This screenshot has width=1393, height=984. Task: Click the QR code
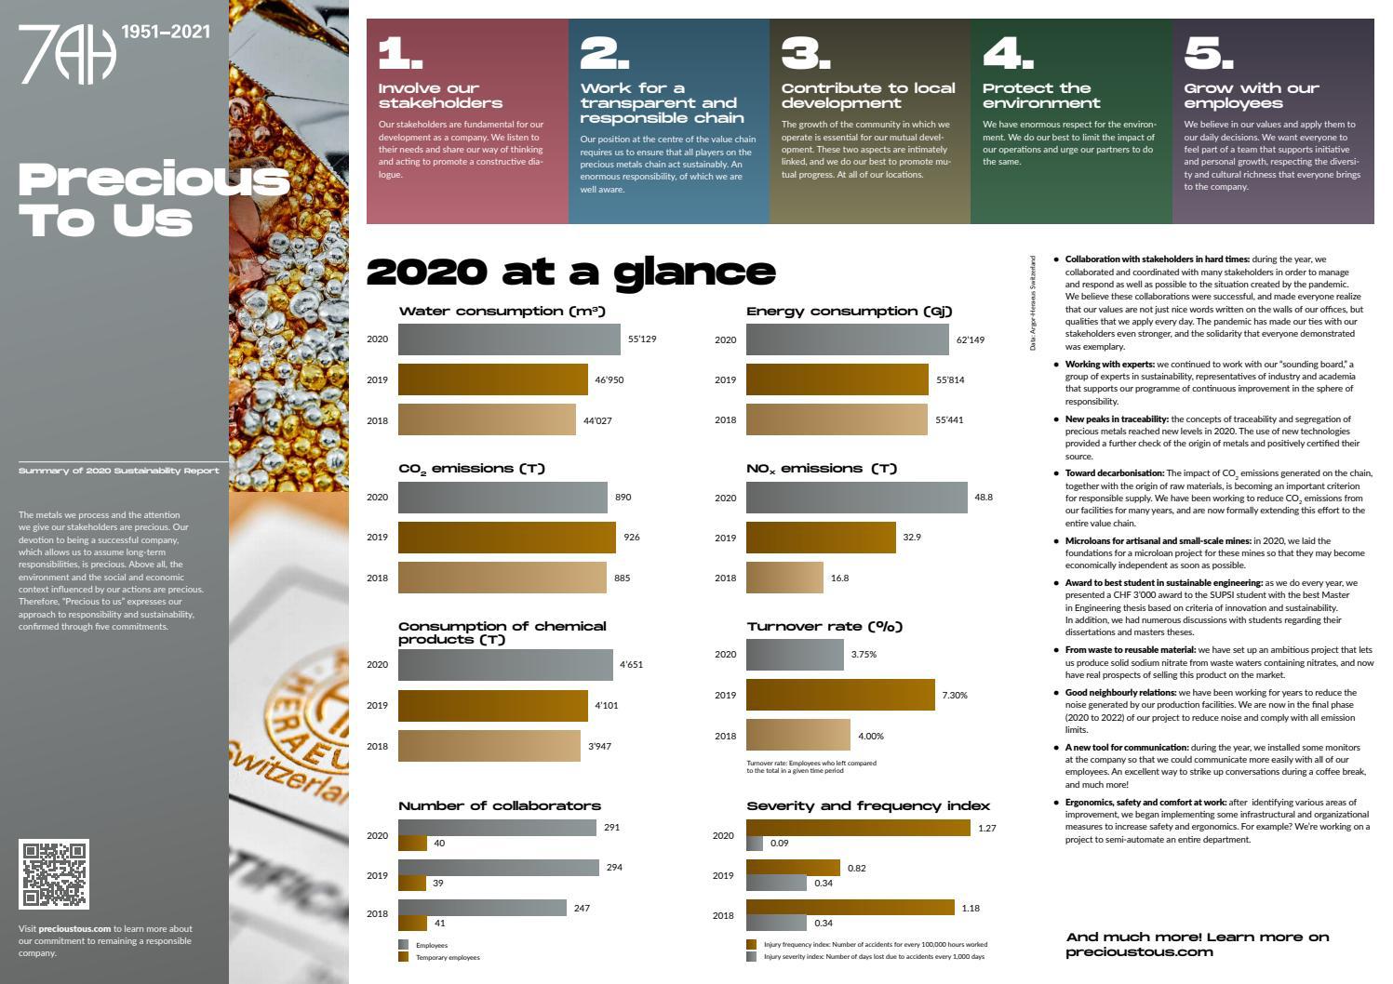click(x=54, y=874)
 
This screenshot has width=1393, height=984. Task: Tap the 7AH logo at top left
click(x=67, y=54)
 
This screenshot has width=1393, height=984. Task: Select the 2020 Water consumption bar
click(x=509, y=339)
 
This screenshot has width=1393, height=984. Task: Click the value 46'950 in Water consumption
click(x=609, y=380)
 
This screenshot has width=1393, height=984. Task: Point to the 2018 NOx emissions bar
click(x=784, y=578)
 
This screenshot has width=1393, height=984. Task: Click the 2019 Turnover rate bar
click(x=840, y=695)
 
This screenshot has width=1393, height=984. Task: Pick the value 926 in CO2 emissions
click(x=632, y=538)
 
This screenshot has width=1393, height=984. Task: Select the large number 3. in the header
click(x=805, y=54)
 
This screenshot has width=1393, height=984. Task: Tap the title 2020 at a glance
click(x=570, y=272)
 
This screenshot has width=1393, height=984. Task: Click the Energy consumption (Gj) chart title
click(x=849, y=312)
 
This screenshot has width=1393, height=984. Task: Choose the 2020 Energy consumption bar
click(x=847, y=339)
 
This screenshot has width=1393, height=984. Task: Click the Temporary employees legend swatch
click(x=403, y=957)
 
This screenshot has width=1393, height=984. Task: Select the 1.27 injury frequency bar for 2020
click(x=858, y=828)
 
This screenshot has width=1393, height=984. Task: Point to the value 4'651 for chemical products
click(x=631, y=665)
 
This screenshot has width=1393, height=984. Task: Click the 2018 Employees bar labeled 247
click(x=482, y=908)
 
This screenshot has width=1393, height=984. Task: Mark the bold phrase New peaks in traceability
click(x=1116, y=419)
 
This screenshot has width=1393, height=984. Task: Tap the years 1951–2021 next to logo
click(x=166, y=32)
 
